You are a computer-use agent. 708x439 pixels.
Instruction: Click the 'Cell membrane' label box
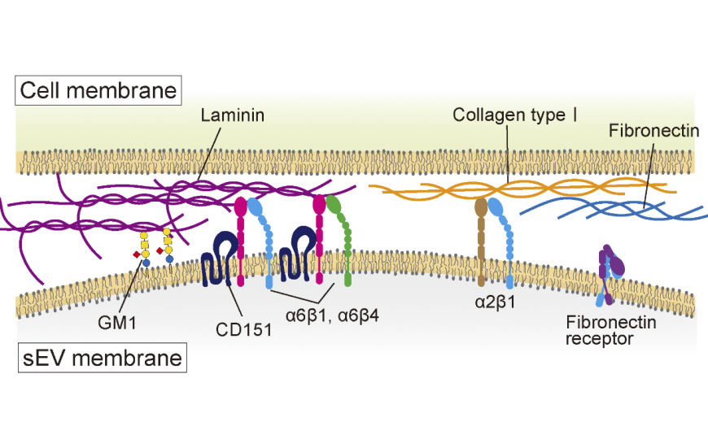tap(98, 90)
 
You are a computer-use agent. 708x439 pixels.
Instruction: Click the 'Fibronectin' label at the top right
tap(654, 131)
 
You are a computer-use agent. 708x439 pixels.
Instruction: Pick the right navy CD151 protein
tap(297, 254)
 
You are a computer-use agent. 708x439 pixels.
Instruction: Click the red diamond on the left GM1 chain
tap(137, 254)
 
